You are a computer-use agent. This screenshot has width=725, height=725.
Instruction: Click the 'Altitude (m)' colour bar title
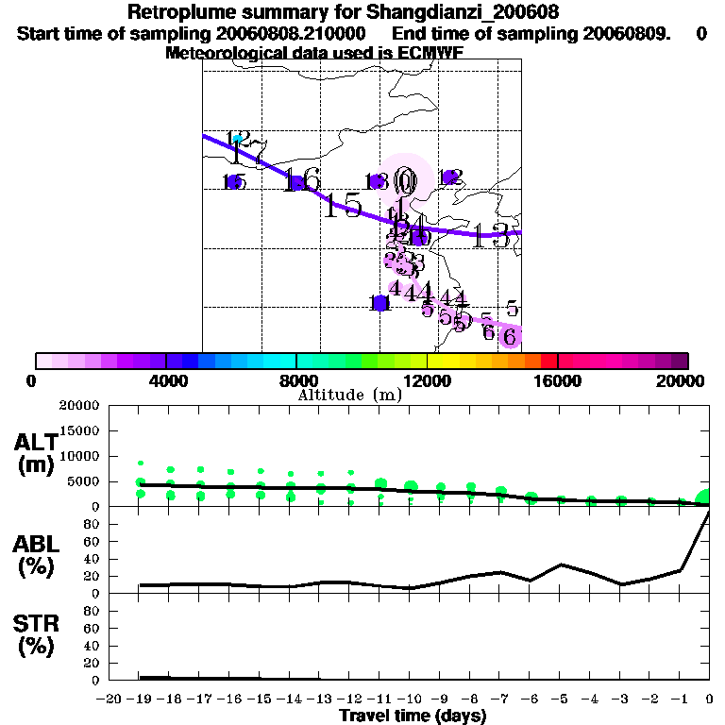tap(349, 395)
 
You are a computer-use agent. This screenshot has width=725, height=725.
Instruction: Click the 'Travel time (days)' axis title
tap(413, 716)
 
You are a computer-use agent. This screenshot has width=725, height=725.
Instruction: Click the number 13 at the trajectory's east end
tap(492, 236)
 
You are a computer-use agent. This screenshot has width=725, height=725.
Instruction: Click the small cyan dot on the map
tap(238, 139)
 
